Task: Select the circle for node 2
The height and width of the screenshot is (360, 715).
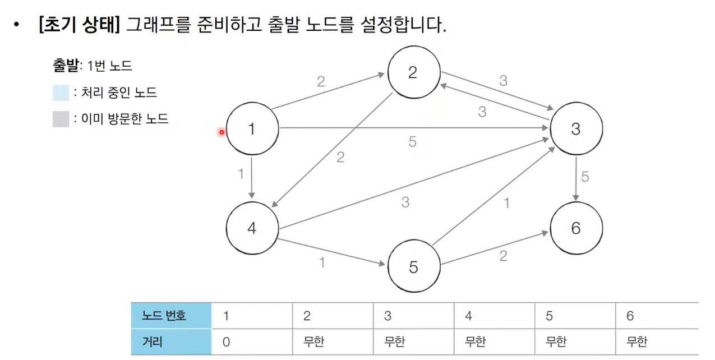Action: [x=413, y=73]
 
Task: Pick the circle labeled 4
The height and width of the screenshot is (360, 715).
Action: [x=252, y=228]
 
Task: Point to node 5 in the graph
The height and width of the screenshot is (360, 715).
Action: [x=413, y=266]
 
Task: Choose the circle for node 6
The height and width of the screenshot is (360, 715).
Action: [x=576, y=228]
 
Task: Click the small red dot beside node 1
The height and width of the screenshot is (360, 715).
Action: [x=222, y=132]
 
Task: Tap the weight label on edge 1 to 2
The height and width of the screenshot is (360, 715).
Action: [x=321, y=82]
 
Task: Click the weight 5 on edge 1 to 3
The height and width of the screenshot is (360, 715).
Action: [x=413, y=142]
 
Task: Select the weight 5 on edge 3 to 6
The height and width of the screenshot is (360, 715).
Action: [x=585, y=178]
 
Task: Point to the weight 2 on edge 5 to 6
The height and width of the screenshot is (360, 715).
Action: [x=503, y=257]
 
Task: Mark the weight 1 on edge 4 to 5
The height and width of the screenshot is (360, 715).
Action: [x=322, y=262]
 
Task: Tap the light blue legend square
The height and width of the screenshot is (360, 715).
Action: [x=61, y=93]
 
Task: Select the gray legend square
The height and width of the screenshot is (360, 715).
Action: [x=61, y=119]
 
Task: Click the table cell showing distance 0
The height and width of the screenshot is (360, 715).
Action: [x=252, y=341]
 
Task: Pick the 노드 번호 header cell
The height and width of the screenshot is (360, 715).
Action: [x=171, y=316]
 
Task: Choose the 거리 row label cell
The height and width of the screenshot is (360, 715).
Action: [x=171, y=341]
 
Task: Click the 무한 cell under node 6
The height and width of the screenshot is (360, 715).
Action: [x=657, y=341]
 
